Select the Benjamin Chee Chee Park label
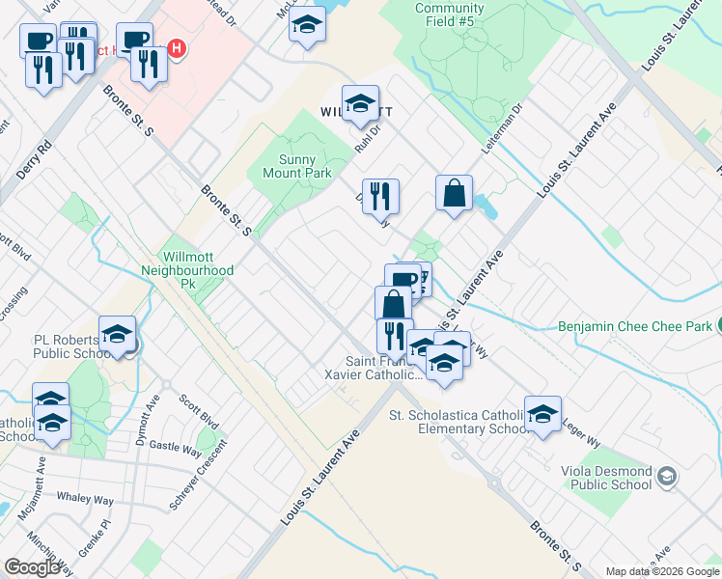[634, 326]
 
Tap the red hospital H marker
[176, 47]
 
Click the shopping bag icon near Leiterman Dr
[454, 194]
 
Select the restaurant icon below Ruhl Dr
[380, 197]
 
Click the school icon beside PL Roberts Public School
[117, 334]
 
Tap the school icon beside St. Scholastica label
[542, 413]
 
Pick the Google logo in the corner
[32, 566]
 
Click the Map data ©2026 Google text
[662, 571]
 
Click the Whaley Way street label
[85, 501]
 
